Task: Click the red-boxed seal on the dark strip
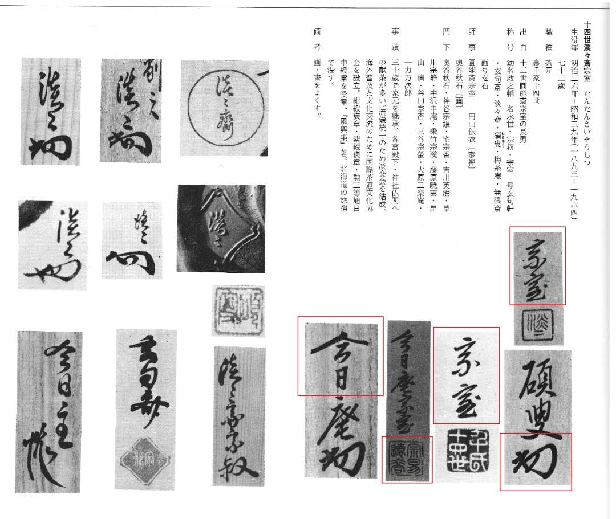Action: click(x=407, y=459)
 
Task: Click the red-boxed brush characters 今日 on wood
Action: click(x=340, y=356)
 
